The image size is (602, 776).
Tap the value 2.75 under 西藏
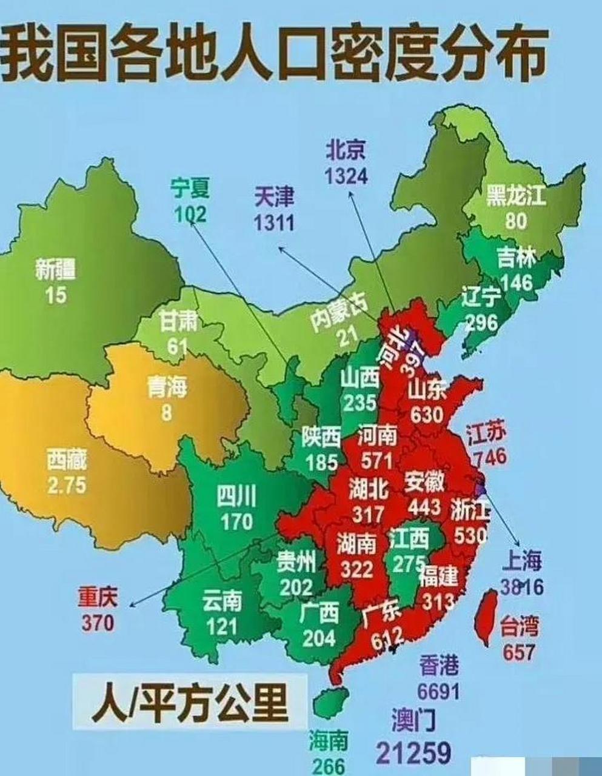point(67,486)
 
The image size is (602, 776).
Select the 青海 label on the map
point(167,387)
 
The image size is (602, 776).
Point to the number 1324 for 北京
point(346,176)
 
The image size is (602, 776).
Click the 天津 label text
point(274,197)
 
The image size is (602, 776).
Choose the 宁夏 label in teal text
point(190,189)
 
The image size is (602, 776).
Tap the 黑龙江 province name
point(516,196)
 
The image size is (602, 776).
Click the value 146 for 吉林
point(517,282)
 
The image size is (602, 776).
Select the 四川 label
point(236,497)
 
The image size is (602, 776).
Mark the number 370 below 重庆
point(96,623)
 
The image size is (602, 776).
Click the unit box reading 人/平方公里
point(188,700)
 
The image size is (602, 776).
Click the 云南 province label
point(222,601)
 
